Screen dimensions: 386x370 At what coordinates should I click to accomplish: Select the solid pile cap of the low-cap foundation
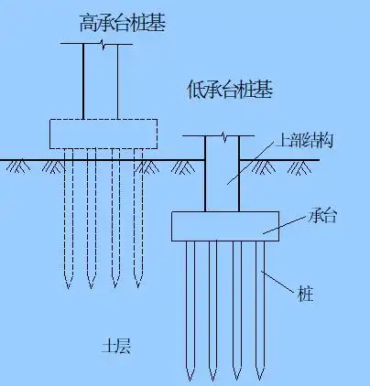coord(224,224)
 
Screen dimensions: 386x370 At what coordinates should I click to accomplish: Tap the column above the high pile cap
coord(101,82)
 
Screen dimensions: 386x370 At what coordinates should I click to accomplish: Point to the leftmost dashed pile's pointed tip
coord(67,284)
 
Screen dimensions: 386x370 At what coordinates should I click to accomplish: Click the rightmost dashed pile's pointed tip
coord(139,284)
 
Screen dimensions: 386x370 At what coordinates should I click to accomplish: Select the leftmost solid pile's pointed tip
coord(190,375)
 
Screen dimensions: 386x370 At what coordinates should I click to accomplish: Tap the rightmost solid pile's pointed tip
coord(260,375)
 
